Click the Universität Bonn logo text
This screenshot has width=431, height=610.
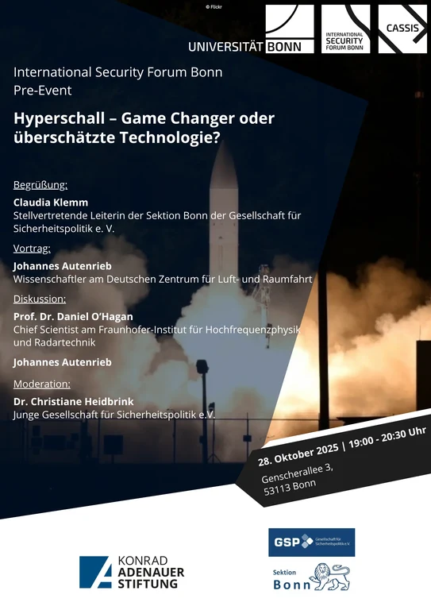[x=244, y=47]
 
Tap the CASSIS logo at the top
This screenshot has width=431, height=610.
[x=402, y=29]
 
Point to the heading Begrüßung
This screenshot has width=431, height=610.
[x=40, y=185]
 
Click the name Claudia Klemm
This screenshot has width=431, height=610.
[x=51, y=203]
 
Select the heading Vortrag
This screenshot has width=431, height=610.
[x=32, y=248]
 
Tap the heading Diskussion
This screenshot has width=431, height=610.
[x=40, y=299]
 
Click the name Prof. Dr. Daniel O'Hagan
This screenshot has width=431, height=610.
[x=73, y=316]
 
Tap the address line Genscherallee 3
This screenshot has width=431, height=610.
[x=297, y=473]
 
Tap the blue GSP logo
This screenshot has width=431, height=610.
[x=311, y=542]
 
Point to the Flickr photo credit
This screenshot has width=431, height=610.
[x=214, y=6]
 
